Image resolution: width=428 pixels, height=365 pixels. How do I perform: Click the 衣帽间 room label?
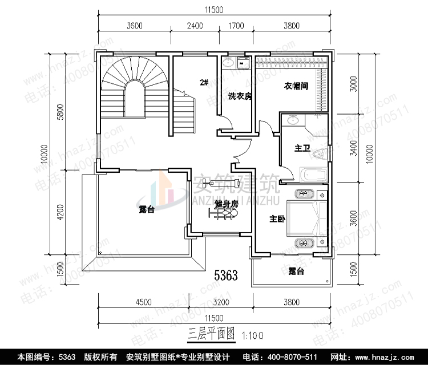click(x=296, y=86)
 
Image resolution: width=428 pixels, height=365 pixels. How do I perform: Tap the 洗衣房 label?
click(x=240, y=96)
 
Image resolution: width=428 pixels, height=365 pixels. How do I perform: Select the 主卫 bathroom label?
click(x=302, y=149)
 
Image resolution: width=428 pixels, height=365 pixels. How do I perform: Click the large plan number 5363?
click(x=225, y=276)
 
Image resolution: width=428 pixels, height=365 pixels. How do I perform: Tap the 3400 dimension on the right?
click(x=354, y=151)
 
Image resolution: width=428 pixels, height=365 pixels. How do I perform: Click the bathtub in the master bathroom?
click(x=312, y=175)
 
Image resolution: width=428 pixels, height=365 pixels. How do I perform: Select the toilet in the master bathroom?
click(x=323, y=153)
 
